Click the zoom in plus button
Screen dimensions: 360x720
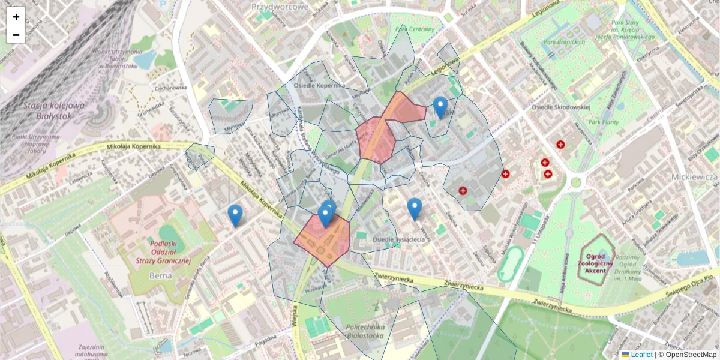click(16, 16)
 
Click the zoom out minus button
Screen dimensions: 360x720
click(16, 35)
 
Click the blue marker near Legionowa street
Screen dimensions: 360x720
click(440, 107)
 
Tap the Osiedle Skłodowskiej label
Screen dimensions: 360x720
click(562, 107)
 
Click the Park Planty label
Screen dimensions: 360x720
click(603, 122)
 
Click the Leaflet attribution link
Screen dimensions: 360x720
click(641, 355)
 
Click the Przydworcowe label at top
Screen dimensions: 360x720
click(280, 7)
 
